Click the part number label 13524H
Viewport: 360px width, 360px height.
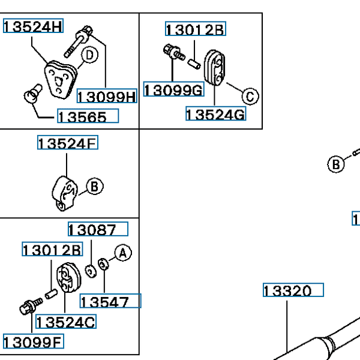tap(33, 26)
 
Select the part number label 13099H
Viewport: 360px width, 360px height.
tap(107, 96)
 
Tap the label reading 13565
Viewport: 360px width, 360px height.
tap(88, 116)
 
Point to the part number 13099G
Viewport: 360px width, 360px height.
tap(174, 89)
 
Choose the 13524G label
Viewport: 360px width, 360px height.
tap(216, 113)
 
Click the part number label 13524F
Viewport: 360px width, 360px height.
tap(68, 143)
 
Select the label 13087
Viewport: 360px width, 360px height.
tap(98, 229)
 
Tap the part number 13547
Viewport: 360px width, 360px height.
tap(110, 301)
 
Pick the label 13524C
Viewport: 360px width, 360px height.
tap(66, 322)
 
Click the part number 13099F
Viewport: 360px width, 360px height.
tap(33, 341)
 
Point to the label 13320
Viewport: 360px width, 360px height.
tap(293, 290)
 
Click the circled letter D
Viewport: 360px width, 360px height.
tap(89, 55)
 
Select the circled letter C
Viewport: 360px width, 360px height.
tap(250, 96)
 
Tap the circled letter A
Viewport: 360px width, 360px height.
tap(123, 253)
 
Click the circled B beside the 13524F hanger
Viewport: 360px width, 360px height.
tap(95, 186)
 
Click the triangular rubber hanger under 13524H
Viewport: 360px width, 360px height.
tap(61, 79)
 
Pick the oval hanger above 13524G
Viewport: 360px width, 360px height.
tap(214, 67)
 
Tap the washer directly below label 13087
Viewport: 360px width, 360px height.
tap(91, 271)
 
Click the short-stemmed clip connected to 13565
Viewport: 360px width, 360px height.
tap(33, 94)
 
